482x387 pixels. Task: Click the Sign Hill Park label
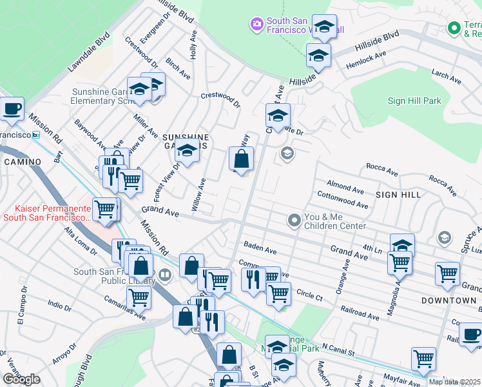click(x=414, y=101)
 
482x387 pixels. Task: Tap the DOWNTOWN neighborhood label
click(x=448, y=301)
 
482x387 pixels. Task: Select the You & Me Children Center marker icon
click(x=294, y=221)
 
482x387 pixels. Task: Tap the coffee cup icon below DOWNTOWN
click(x=470, y=334)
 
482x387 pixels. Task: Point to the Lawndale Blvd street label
click(x=90, y=52)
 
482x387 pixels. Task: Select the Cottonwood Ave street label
click(x=342, y=199)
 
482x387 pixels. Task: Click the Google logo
click(x=21, y=379)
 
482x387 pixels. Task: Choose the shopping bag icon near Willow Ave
click(x=241, y=159)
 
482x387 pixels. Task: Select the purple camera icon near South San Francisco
click(x=256, y=25)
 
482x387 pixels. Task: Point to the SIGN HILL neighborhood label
click(x=398, y=194)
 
